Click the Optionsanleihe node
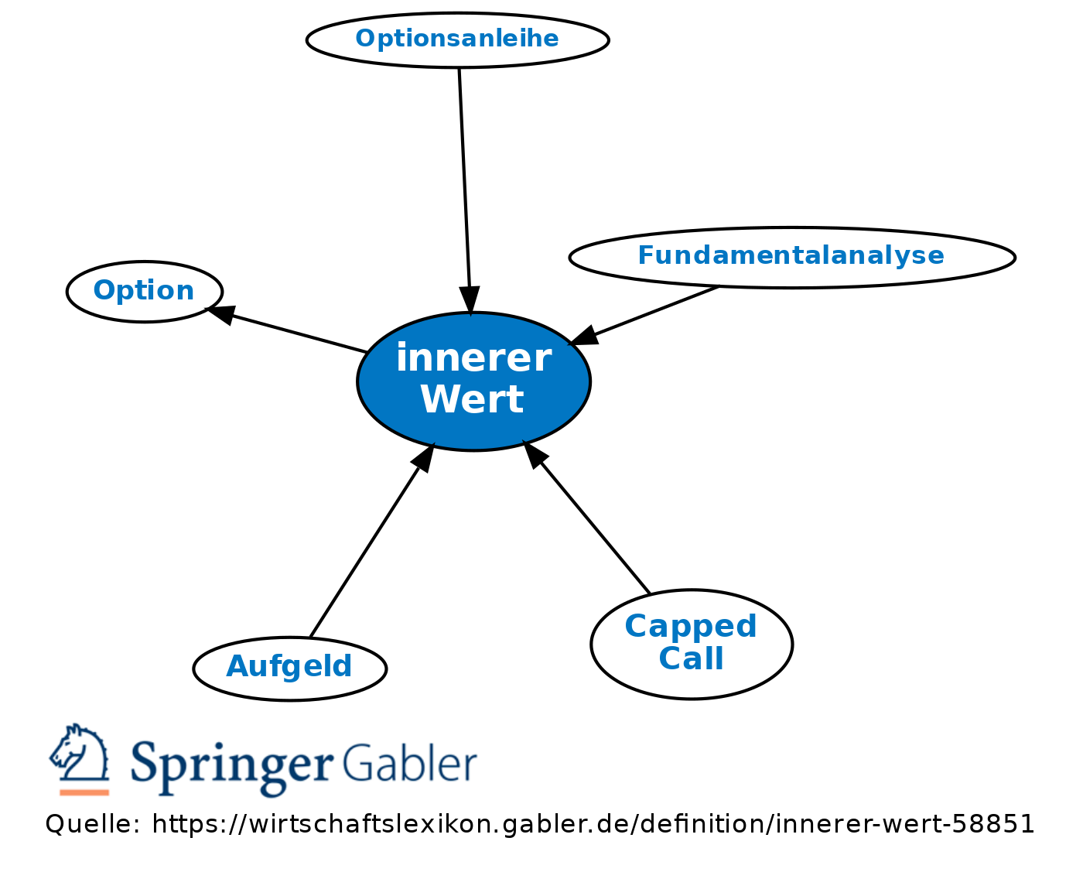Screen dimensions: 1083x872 tap(457, 39)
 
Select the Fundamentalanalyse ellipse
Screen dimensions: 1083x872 tap(792, 258)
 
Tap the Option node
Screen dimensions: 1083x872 tap(145, 292)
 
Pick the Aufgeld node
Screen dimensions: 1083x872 tap(290, 669)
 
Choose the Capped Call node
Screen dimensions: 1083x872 tap(692, 644)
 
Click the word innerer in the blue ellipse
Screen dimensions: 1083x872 tap(474, 357)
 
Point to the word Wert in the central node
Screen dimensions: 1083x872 tap(473, 399)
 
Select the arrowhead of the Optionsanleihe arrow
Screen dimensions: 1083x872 tap(470, 300)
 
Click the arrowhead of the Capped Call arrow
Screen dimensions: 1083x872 tap(535, 453)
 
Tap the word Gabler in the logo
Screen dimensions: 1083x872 tap(410, 763)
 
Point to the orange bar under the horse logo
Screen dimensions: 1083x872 tap(84, 792)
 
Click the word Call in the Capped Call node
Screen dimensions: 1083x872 tap(692, 658)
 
